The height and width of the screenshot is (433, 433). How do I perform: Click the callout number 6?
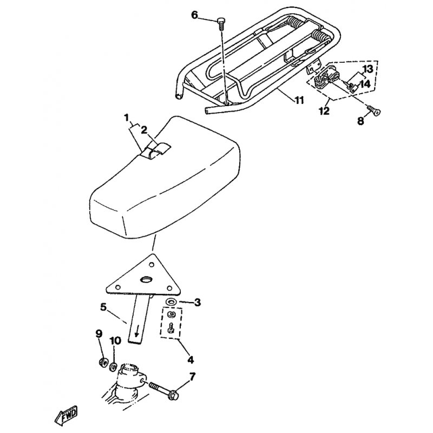click(x=195, y=15)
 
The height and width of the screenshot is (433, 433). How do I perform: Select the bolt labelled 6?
click(x=221, y=24)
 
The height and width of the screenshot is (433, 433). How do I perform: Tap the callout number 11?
click(x=299, y=100)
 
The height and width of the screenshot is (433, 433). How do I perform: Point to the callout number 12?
click(x=324, y=111)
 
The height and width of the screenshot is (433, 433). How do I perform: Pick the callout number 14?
click(x=365, y=84)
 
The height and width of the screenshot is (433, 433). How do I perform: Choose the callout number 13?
click(x=368, y=69)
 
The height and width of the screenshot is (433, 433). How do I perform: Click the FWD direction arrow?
click(x=65, y=415)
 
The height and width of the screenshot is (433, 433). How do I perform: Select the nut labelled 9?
click(x=103, y=362)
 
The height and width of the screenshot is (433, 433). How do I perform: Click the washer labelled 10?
click(x=113, y=368)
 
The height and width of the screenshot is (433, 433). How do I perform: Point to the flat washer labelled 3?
click(x=170, y=301)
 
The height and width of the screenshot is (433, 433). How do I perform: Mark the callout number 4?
click(x=191, y=360)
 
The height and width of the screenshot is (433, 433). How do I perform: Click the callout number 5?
click(x=103, y=307)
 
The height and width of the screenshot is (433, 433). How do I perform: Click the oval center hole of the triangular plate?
click(x=146, y=280)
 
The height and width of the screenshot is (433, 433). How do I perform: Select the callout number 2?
click(x=144, y=130)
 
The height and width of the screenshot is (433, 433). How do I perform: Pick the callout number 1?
click(x=127, y=118)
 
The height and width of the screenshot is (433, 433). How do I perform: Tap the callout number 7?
click(x=192, y=376)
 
